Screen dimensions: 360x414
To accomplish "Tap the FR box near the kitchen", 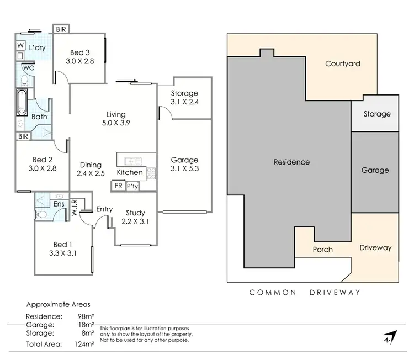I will [118, 186].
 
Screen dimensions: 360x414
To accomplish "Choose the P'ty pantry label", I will [132, 186].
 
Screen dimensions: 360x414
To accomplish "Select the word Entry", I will [104, 209].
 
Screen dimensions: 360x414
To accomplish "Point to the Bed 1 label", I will [63, 245].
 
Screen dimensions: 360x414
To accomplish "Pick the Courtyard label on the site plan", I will [342, 63].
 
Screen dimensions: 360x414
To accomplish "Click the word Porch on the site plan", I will [323, 249].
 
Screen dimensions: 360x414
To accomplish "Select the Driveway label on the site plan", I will [375, 247].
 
